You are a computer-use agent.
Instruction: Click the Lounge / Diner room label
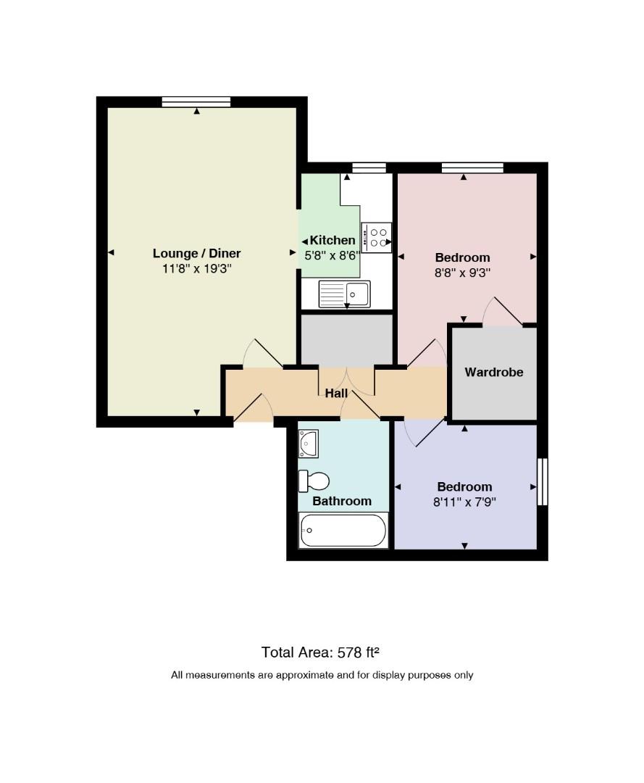click(196, 253)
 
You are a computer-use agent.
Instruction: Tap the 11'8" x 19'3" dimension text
click(196, 269)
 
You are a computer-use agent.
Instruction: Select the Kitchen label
click(333, 240)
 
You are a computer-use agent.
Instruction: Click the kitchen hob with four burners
click(377, 238)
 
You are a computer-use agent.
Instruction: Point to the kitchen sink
click(344, 294)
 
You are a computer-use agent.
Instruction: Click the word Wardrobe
click(494, 372)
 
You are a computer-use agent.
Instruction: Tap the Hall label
click(336, 394)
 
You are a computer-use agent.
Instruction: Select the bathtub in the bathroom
click(343, 530)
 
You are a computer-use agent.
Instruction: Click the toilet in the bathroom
click(314, 481)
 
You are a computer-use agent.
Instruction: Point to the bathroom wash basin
click(309, 444)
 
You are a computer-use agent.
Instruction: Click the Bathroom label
click(342, 501)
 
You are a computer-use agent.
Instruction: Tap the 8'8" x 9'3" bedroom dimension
click(462, 273)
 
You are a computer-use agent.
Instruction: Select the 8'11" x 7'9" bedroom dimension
click(464, 502)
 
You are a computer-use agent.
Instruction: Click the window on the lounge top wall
click(196, 102)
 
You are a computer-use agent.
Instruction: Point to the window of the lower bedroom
click(543, 481)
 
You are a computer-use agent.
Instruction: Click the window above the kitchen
click(369, 167)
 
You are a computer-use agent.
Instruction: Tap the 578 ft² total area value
click(359, 652)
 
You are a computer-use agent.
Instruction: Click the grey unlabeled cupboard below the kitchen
click(347, 339)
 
